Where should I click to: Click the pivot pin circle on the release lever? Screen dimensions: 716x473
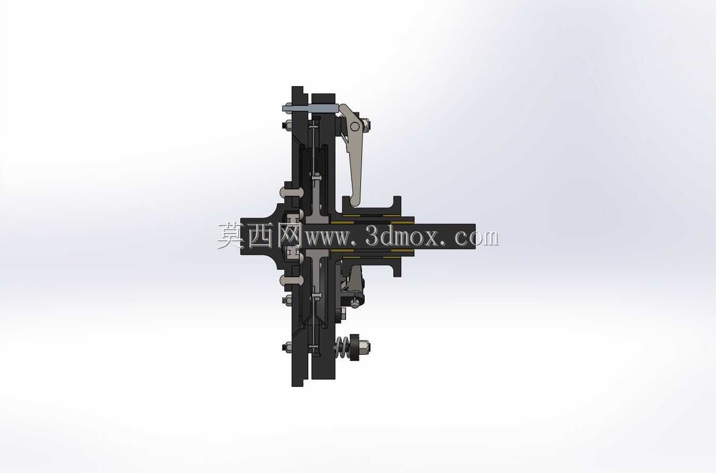(x=355, y=127)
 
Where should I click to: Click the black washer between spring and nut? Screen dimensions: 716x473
(x=354, y=347)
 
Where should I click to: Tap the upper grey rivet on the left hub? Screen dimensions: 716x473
(x=291, y=192)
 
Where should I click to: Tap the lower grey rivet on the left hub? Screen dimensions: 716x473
(x=291, y=280)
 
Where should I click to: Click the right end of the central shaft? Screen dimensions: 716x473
(x=475, y=236)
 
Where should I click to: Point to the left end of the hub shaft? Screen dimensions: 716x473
(x=242, y=236)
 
